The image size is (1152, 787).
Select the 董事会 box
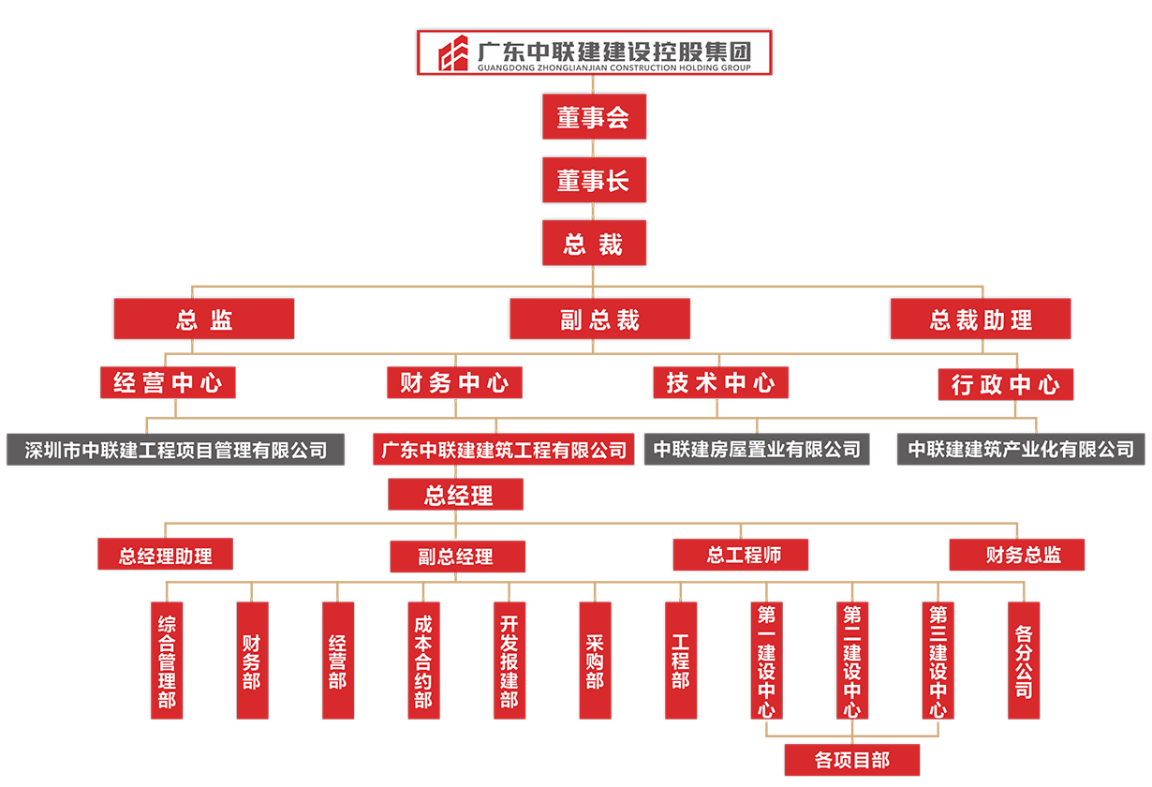(594, 117)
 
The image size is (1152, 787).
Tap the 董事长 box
(594, 180)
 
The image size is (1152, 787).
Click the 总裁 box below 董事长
(594, 245)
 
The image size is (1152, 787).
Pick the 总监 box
(203, 320)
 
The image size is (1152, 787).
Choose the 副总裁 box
(599, 320)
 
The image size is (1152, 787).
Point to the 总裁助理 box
(980, 320)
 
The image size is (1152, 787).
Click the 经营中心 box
(168, 382)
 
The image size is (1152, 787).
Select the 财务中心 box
(454, 382)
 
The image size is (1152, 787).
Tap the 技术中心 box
(720, 382)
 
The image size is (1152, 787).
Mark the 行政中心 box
(1005, 384)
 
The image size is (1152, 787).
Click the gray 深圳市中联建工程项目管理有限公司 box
(176, 450)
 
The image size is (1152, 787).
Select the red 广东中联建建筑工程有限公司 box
(503, 450)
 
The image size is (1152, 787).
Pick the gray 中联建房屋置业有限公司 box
(757, 450)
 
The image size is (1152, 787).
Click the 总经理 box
(457, 495)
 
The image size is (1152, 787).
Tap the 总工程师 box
(743, 555)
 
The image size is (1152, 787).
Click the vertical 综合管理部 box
(167, 661)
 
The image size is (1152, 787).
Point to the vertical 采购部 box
(595, 661)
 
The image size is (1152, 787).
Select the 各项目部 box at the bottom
(851, 760)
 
